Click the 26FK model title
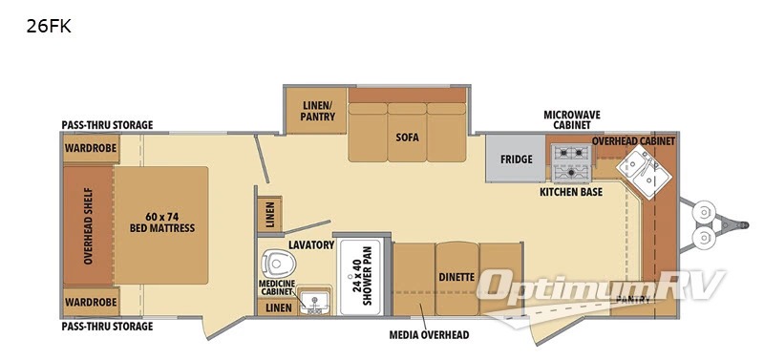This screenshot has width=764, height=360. pos(49,27)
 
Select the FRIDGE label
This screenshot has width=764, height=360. pos(516,159)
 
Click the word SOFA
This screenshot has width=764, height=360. pos(407,138)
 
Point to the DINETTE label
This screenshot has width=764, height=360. pos(456,277)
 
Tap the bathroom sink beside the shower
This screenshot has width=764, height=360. pos(315,302)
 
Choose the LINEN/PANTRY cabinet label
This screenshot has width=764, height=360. pos(319,111)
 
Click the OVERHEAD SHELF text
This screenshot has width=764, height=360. pos(88,225)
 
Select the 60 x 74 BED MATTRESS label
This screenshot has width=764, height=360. pos(161,222)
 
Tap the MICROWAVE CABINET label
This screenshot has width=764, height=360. pos(571,119)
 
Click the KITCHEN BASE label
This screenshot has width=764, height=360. pos(570,192)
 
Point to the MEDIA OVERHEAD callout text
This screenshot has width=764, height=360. pos(429,334)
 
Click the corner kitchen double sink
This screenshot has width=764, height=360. pos(643,172)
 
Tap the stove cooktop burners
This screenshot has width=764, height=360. pos(570,162)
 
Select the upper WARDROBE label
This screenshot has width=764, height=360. pos(91,148)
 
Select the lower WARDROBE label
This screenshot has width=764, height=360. pos(91,302)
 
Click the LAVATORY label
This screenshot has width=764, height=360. pos(311,244)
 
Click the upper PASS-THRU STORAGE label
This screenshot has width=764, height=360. pos(107,125)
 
